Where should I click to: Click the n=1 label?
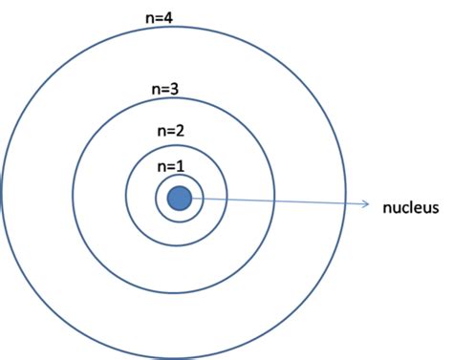coord(169,165)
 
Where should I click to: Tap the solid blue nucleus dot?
coord(179,199)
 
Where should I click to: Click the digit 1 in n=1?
coord(180,165)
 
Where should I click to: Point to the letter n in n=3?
coord(155,90)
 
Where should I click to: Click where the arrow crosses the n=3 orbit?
coord(275,201)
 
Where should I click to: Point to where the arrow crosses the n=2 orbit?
coord(227,201)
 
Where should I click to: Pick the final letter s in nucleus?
coord(433,207)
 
